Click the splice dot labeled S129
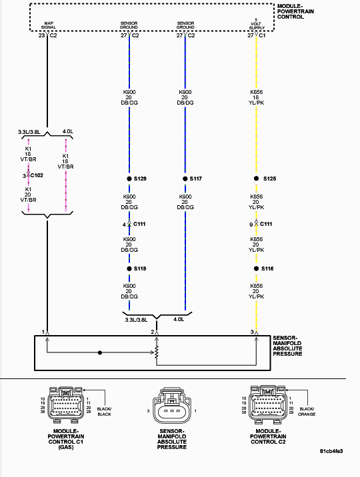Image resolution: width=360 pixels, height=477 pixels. pyautogui.click(x=129, y=179)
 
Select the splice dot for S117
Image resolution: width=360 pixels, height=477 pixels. pyautogui.click(x=185, y=179)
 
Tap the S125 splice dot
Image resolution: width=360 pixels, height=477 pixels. pyautogui.click(x=256, y=179)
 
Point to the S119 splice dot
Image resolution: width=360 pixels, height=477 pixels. pyautogui.click(x=129, y=268)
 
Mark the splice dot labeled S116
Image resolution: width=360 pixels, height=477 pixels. pyautogui.click(x=256, y=268)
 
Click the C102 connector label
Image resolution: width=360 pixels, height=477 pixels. pyautogui.click(x=37, y=175)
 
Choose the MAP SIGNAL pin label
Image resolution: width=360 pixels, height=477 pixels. pyautogui.click(x=49, y=25)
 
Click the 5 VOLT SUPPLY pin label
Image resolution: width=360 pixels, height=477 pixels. pyautogui.click(x=257, y=24)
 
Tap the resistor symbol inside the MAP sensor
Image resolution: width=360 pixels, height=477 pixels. pyautogui.click(x=157, y=352)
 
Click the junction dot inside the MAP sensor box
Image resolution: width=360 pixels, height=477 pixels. pyautogui.click(x=100, y=352)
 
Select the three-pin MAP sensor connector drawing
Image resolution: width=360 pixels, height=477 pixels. pyautogui.click(x=171, y=406)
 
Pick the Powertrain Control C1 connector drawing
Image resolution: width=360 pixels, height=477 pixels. pyautogui.click(x=65, y=405)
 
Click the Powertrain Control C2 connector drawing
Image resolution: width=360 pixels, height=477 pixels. pyautogui.click(x=268, y=404)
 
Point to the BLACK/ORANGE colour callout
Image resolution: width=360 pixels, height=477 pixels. pyautogui.click(x=307, y=412)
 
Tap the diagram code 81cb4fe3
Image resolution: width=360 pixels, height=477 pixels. pyautogui.click(x=331, y=451)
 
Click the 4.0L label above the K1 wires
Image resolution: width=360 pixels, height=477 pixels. pyautogui.click(x=68, y=131)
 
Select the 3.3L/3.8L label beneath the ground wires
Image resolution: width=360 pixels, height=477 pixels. pyautogui.click(x=136, y=320)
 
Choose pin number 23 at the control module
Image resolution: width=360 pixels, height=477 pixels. pyautogui.click(x=41, y=35)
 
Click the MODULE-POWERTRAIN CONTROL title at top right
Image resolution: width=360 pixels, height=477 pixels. pyautogui.click(x=295, y=11)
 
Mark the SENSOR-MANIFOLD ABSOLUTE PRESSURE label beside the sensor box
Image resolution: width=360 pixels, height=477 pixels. pyautogui.click(x=287, y=346)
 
